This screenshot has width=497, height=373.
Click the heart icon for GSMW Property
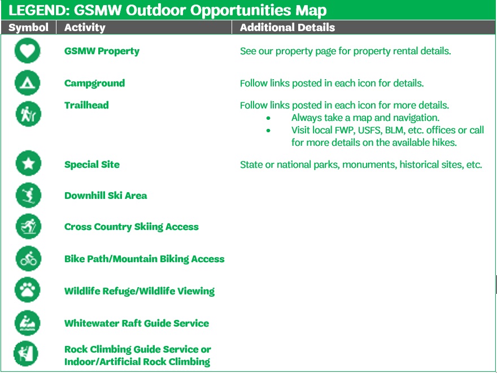[x=28, y=51]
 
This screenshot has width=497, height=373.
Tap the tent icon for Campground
[x=28, y=83]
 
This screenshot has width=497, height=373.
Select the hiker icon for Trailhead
[x=28, y=114]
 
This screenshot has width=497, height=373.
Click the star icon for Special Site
[x=28, y=163]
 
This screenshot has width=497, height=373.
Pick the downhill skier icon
[x=28, y=195]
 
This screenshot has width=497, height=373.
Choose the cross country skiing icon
[x=28, y=227]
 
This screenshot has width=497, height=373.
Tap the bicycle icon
[x=28, y=258]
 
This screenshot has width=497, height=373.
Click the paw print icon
[x=28, y=290]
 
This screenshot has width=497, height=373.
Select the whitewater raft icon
[x=28, y=323]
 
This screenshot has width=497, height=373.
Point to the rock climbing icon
[x=26, y=354]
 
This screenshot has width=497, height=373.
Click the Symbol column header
[x=29, y=28]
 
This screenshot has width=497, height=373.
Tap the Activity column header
[x=85, y=28]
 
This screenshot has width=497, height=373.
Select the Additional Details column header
[x=287, y=28]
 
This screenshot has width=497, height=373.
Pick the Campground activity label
[x=94, y=83]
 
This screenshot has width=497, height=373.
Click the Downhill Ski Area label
[x=106, y=196]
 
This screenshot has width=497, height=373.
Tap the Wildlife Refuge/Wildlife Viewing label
[x=139, y=291]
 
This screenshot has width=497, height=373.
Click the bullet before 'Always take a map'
[x=268, y=118]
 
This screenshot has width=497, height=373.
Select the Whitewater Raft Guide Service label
[x=137, y=323]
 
